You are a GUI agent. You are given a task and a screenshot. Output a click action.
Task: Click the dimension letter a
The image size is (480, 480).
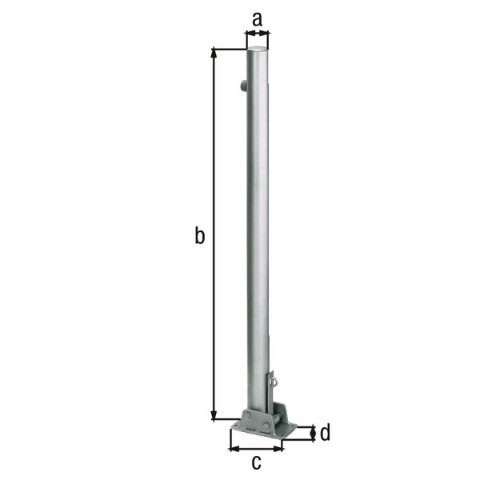coord(257,18)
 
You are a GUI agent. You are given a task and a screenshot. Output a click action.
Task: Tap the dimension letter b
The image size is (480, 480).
coord(200,236)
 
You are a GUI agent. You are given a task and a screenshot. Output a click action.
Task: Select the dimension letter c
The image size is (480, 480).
coord(257,462)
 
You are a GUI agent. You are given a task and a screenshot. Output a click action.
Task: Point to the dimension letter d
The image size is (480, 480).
coord(326,434)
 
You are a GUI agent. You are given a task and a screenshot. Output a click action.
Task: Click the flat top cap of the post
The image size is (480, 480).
coord(258,50)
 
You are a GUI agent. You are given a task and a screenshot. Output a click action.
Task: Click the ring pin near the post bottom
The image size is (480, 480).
coord(274,381)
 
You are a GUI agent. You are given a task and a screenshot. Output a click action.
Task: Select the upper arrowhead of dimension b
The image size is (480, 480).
coord(214,53)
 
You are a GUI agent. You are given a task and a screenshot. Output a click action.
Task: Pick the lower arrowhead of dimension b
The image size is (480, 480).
coord(214,415)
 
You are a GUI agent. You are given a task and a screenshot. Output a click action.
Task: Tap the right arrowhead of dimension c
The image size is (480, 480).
coord(280,448)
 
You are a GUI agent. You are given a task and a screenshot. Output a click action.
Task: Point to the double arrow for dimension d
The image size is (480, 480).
coord(311,434)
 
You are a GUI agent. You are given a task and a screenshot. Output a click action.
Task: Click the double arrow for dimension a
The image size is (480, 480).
coord(257,34)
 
